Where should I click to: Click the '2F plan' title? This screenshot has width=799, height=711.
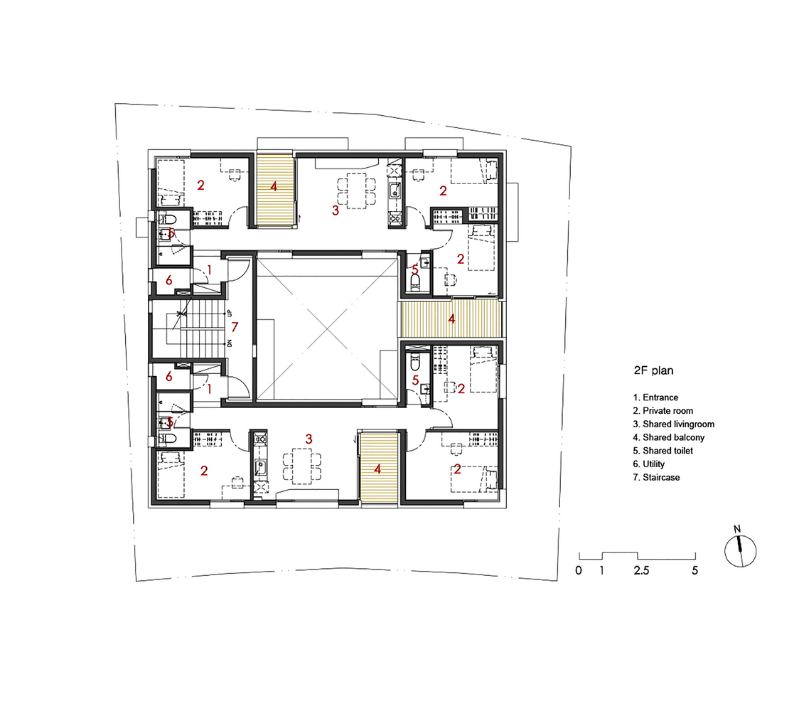tap(653, 370)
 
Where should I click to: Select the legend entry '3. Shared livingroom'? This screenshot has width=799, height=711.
tap(674, 424)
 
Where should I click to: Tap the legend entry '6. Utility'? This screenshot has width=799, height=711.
tap(649, 464)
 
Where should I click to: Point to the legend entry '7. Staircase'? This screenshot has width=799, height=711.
tap(656, 478)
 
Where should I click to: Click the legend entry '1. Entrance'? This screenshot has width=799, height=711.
tap(656, 397)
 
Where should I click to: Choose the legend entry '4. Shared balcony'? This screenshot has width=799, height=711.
tap(668, 437)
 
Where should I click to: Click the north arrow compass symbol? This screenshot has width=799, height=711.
tap(740, 550)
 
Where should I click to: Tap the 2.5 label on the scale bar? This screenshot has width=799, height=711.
tap(641, 570)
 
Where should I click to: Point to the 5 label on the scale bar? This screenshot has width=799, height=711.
tap(695, 570)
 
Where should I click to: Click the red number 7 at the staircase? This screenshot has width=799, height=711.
tap(235, 326)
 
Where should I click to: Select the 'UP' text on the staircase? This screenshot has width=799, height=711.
tap(230, 312)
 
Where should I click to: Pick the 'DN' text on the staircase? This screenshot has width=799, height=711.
tap(230, 343)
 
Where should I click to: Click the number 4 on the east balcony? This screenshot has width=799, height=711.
tap(451, 319)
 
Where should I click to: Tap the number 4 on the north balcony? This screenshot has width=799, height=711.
tap(274, 186)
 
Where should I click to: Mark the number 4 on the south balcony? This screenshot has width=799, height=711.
tap(377, 469)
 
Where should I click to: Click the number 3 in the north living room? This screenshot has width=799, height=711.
tap(336, 210)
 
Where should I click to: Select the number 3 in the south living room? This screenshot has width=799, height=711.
tap(309, 439)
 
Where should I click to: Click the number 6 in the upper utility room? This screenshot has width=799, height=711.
tap(169, 280)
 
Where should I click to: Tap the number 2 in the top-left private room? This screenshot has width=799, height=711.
tap(200, 186)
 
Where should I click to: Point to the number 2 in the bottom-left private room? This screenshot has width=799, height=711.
tap(204, 471)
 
